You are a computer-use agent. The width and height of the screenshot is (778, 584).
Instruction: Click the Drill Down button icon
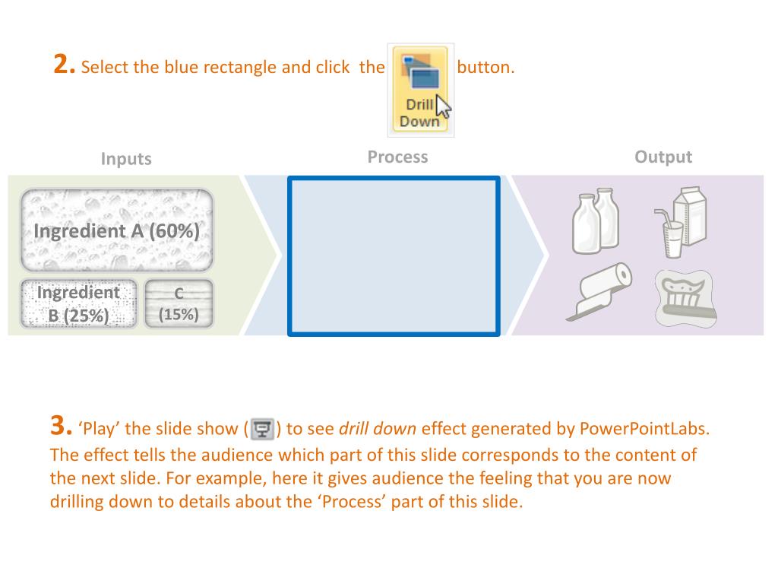coord(420,90)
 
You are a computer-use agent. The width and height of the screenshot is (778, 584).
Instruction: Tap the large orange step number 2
coord(64,65)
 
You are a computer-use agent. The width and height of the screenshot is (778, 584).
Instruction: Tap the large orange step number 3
coord(61,426)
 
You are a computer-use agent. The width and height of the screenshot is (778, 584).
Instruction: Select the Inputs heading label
coord(126,159)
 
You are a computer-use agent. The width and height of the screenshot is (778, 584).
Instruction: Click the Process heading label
coord(397,157)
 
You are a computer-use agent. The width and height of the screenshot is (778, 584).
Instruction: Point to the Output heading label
coord(663,157)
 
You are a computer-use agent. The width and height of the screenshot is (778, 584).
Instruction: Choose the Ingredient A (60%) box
coord(117,230)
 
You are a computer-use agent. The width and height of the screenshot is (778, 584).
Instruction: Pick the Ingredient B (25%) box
coord(78,304)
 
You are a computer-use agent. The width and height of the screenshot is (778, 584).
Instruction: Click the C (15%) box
coord(179,304)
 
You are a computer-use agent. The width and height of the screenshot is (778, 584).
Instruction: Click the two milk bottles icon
coord(596,221)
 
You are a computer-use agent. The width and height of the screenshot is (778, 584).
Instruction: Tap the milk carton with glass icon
coord(680,222)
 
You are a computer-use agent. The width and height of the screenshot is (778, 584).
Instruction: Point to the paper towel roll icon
coord(599,292)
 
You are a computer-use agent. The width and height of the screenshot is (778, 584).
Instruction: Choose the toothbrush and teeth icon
coord(685,298)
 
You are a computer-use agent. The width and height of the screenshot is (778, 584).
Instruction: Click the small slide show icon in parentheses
coord(262,429)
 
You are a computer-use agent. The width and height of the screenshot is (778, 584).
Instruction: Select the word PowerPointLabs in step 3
coord(644,429)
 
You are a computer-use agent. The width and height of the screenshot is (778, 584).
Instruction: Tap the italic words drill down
coord(378,429)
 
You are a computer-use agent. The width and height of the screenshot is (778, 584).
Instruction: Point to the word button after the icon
coord(485,68)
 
